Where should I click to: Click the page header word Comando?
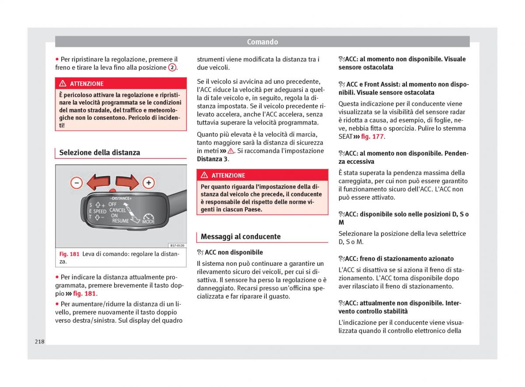262,42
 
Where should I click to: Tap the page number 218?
39,341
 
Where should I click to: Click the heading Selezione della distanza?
100,153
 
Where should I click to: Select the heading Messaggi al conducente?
241,237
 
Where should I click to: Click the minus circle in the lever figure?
77,183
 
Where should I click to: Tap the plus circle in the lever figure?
149,183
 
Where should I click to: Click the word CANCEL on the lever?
117,210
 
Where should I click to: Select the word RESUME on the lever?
120,221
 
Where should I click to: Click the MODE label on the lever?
149,222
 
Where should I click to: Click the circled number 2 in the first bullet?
172,67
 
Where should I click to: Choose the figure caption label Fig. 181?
69,254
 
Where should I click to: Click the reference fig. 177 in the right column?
372,137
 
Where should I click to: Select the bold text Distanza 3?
212,159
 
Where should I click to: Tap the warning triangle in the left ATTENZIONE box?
63,84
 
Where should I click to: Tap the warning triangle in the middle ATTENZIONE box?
204,175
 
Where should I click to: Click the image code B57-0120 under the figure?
177,246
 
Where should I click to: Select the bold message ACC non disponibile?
234,253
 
